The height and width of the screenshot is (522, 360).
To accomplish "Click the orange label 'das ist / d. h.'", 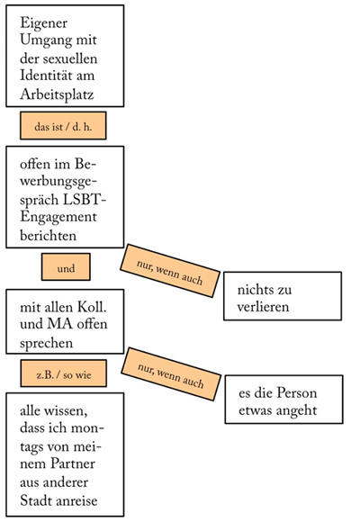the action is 63,126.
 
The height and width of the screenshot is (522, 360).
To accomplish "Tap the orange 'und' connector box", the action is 66,267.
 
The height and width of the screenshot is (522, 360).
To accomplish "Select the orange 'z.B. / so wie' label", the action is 64,373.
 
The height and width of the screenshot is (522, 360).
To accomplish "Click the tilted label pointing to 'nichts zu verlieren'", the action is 170,271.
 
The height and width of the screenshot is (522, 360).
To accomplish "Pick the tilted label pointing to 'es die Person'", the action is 171,374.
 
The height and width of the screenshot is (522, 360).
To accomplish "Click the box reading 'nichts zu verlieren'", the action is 283,296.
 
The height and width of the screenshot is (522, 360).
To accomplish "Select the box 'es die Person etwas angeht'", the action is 283,400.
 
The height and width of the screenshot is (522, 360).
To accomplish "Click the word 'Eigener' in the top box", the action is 43,23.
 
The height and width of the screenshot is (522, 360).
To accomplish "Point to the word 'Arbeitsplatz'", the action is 57,94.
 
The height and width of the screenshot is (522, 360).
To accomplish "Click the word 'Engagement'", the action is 58,218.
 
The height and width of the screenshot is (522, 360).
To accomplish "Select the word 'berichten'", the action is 49,236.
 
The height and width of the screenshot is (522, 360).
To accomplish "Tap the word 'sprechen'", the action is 46,344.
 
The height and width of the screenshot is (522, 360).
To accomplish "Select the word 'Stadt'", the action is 34,500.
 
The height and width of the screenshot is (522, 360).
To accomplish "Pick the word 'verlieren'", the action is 263,307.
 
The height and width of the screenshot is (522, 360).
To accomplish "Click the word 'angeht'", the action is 296,410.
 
